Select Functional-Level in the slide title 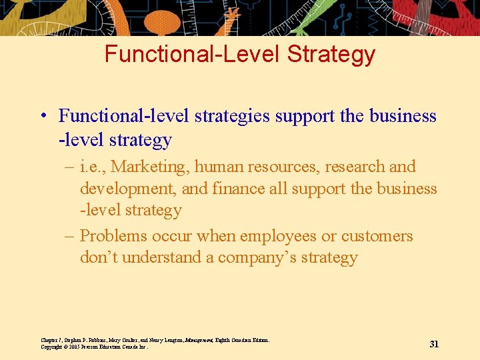click(193, 54)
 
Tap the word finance click(236, 189)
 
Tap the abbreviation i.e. click(91, 167)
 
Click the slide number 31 click(434, 344)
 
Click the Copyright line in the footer click(94, 347)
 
